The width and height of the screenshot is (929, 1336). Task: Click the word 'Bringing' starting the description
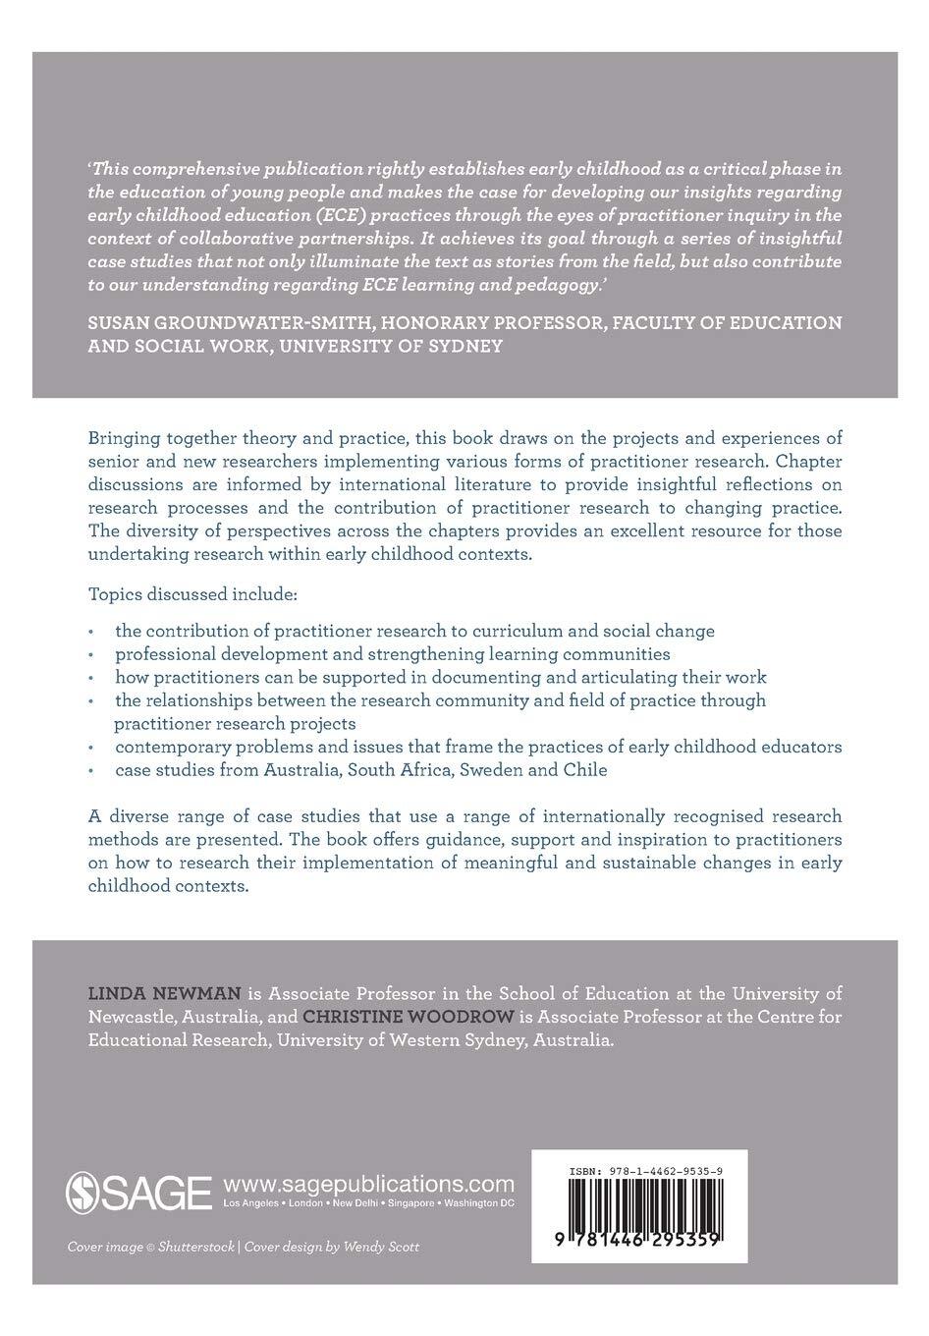[x=123, y=437]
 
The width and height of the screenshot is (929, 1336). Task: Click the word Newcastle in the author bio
[x=128, y=1018]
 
